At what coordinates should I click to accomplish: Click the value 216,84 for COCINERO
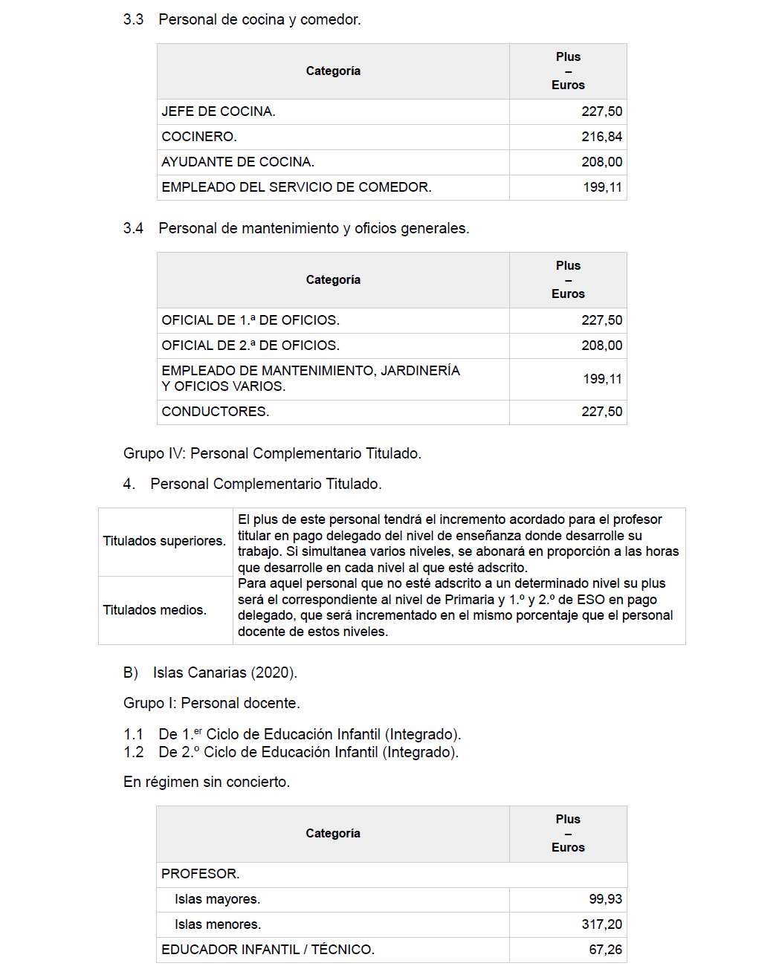[601, 137]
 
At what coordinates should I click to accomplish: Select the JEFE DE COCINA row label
[219, 111]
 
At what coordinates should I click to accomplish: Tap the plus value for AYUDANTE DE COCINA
[601, 162]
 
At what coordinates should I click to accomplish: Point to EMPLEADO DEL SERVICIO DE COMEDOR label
[296, 187]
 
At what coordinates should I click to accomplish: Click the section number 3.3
[133, 19]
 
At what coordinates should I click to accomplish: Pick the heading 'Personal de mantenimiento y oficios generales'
[314, 228]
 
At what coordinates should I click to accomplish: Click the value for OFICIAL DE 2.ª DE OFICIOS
[601, 346]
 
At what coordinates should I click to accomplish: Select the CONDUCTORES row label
[216, 412]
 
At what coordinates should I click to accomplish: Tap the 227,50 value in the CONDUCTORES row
[601, 412]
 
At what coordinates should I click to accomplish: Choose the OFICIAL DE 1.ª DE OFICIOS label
[250, 320]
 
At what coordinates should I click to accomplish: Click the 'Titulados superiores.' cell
[164, 541]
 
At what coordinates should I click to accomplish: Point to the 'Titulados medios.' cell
[155, 610]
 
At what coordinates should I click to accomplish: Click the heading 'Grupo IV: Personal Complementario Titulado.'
[272, 453]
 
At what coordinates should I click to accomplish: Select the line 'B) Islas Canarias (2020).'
[210, 673]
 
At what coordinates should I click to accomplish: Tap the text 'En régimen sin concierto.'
[207, 782]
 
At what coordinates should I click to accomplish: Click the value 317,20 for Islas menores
[601, 924]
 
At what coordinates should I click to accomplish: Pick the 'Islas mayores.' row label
[217, 899]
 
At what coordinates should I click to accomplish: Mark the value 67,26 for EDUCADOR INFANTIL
[605, 950]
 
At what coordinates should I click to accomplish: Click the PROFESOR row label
[201, 874]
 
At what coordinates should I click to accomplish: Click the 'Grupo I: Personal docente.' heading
[212, 703]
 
